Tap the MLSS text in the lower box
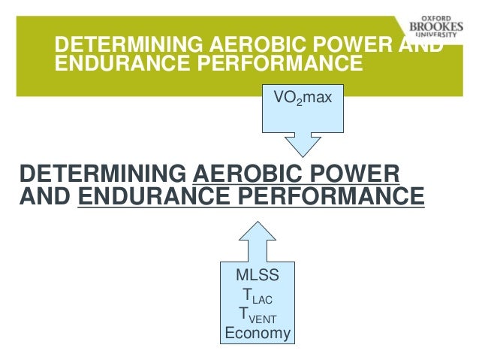point(258,276)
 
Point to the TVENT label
point(258,314)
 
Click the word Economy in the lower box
point(258,333)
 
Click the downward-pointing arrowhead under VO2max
point(303,143)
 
